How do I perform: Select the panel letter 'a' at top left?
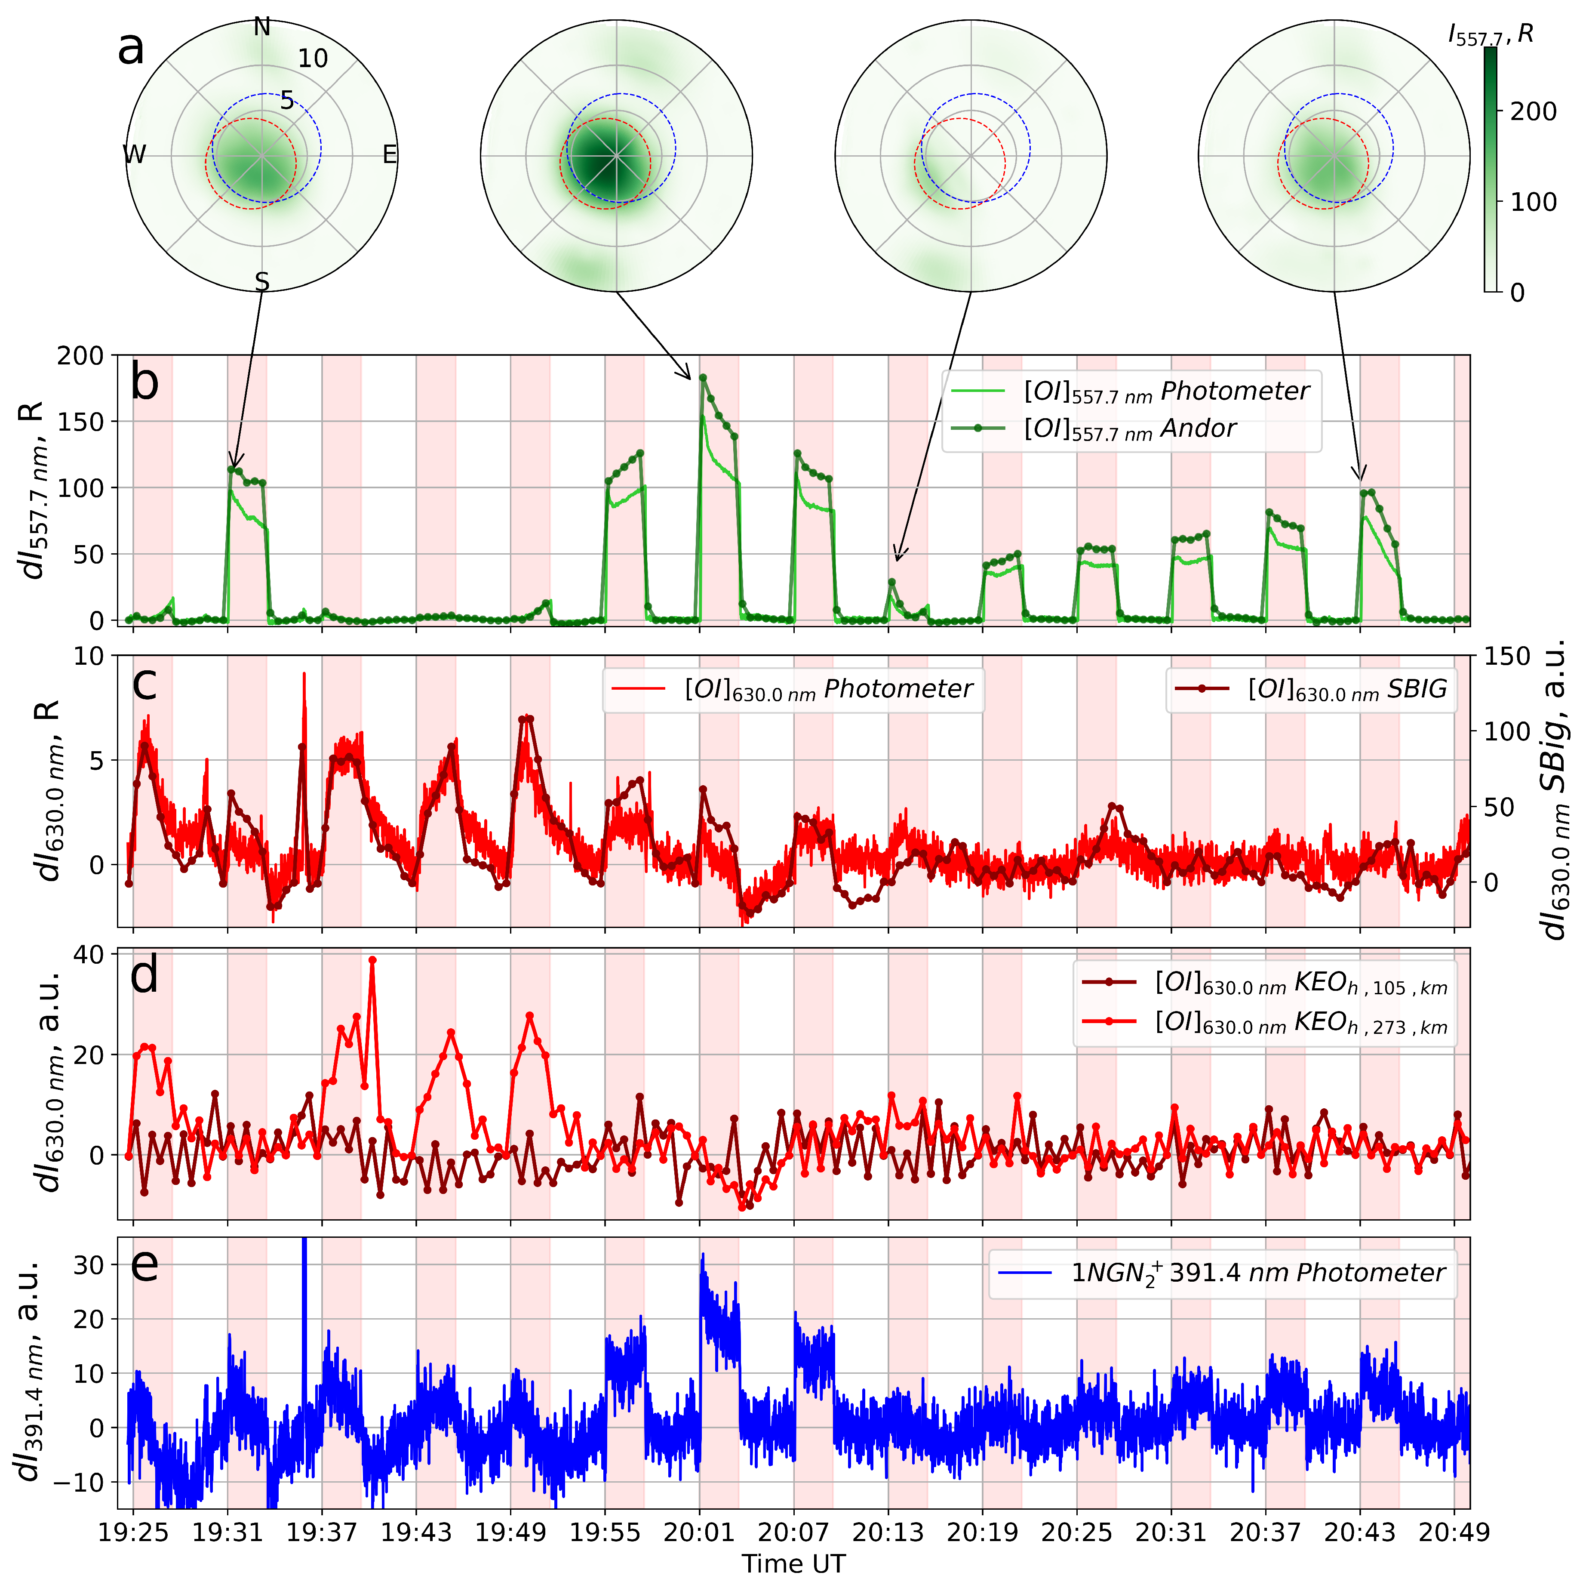point(132,49)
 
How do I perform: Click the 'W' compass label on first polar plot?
point(134,154)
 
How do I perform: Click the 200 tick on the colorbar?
point(1533,112)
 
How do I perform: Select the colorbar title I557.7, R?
point(1490,34)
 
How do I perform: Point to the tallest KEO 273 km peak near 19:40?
point(372,960)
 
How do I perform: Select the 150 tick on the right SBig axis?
point(1507,656)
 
